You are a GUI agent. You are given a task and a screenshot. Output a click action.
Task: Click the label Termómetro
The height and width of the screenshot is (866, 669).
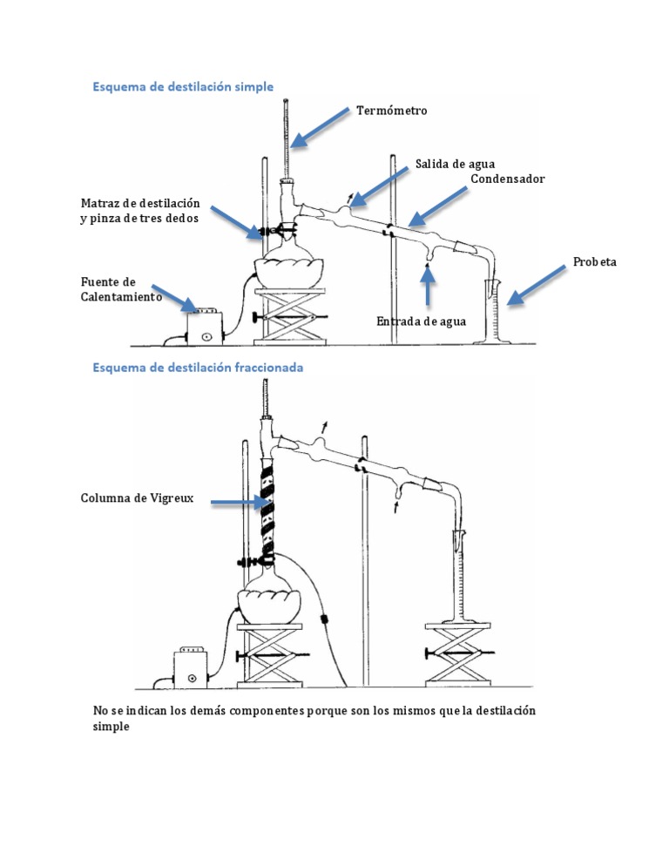(x=391, y=111)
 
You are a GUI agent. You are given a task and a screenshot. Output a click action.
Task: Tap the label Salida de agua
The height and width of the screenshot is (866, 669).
(x=455, y=164)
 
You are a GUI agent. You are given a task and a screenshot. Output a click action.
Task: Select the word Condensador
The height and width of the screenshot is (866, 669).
(x=507, y=179)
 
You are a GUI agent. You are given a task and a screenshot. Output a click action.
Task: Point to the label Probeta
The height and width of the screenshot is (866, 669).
(x=594, y=261)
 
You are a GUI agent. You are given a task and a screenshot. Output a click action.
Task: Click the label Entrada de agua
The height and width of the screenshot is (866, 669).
(x=421, y=321)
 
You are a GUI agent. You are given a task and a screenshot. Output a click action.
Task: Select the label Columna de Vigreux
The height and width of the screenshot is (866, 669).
(x=137, y=498)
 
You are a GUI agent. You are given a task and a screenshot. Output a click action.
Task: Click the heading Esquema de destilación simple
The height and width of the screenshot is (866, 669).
(x=183, y=87)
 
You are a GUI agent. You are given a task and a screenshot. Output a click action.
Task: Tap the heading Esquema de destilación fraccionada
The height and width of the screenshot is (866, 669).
(x=198, y=368)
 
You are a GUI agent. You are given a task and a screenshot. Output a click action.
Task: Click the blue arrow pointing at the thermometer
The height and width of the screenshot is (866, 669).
(x=320, y=127)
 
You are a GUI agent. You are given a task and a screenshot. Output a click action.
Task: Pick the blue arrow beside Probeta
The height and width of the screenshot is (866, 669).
(x=537, y=285)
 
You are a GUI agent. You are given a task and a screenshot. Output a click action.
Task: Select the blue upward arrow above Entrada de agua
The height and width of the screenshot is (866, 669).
(x=427, y=284)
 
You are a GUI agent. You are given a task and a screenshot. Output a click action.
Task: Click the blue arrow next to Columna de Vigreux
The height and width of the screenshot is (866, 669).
(x=240, y=503)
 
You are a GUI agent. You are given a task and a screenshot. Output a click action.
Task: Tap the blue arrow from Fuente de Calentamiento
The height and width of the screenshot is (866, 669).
(x=174, y=298)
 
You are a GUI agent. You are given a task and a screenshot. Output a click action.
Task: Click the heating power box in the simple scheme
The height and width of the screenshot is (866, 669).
(x=205, y=327)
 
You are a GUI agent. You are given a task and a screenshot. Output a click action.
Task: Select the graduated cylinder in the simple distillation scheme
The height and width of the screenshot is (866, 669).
(x=493, y=312)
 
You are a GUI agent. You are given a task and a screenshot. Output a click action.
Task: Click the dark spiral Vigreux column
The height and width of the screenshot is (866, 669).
(x=267, y=511)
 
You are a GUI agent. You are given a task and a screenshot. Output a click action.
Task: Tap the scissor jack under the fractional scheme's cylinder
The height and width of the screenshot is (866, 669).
(x=458, y=655)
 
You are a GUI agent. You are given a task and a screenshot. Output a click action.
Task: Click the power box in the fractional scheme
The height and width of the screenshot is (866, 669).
(x=191, y=667)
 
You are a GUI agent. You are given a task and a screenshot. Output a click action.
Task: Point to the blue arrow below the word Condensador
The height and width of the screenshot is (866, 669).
(x=437, y=206)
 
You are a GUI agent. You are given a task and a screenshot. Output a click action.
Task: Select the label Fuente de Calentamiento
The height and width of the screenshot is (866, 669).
(x=122, y=289)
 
